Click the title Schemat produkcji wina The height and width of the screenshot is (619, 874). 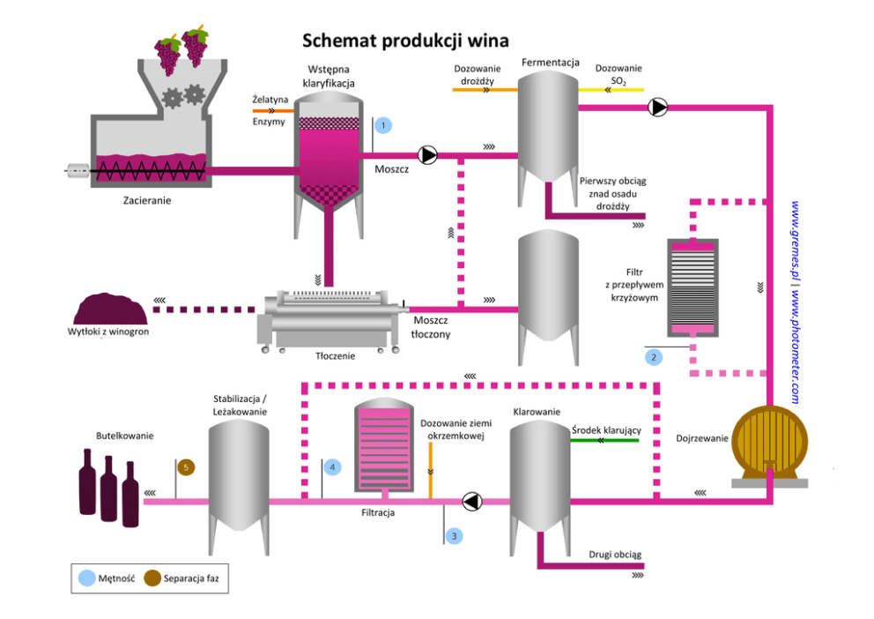point(405,41)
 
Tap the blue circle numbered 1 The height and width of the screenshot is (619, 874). point(383,125)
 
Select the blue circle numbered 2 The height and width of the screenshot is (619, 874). point(653,357)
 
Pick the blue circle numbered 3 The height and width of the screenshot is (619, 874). point(454,534)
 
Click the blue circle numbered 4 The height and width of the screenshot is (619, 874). point(332,466)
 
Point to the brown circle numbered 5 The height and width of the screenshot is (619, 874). point(186,466)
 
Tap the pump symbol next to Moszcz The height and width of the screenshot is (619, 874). point(428,156)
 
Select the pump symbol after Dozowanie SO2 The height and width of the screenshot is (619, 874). point(657,108)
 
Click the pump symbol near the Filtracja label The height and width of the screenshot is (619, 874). point(472,502)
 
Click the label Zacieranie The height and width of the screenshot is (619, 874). point(147,200)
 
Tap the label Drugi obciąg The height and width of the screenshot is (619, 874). point(615,555)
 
